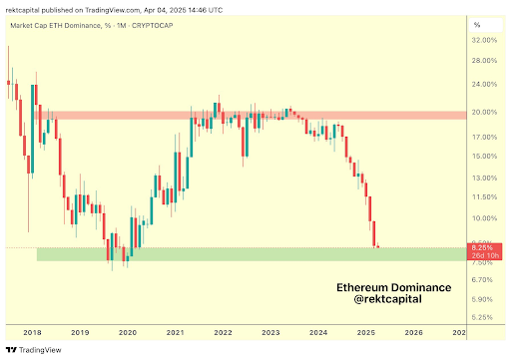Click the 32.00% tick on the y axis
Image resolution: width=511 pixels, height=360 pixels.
(x=483, y=40)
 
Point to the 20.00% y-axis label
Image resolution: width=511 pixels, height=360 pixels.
(x=483, y=112)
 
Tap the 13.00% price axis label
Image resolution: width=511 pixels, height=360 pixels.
(x=483, y=178)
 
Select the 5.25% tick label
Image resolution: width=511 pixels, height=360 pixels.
(x=483, y=317)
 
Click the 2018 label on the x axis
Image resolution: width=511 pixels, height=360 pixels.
(x=32, y=332)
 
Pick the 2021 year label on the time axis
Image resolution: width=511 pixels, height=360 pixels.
(x=175, y=332)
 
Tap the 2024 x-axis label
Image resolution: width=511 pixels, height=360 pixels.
(x=318, y=332)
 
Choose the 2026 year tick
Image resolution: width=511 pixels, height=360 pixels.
(x=414, y=332)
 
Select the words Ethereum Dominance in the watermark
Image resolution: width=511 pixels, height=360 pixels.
(x=392, y=287)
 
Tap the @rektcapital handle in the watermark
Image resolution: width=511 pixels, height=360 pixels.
(x=392, y=300)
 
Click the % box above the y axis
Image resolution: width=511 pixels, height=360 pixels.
(x=478, y=23)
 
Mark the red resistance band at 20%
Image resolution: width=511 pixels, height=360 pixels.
(x=250, y=116)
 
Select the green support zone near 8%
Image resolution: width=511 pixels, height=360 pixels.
(x=250, y=254)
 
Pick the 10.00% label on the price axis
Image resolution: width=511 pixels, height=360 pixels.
(x=483, y=218)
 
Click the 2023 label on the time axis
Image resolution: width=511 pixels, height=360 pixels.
(x=270, y=332)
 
